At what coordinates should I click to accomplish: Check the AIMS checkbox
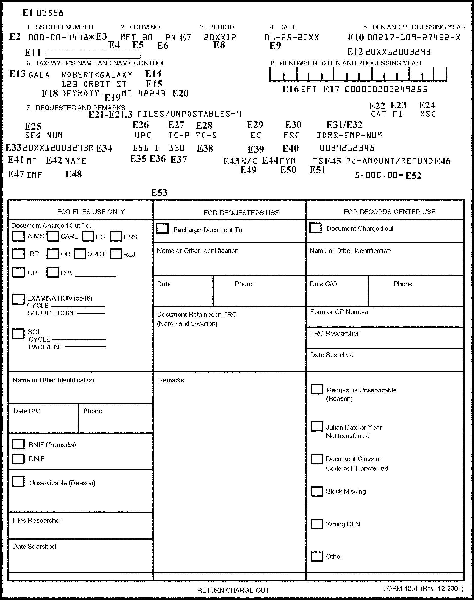coord(19,236)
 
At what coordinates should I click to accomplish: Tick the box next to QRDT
coord(80,254)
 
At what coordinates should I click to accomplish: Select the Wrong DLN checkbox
coord(317,524)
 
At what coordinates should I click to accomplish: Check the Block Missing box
coord(317,491)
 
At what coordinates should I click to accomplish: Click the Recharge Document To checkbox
coord(162,229)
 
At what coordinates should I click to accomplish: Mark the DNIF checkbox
coord(18,459)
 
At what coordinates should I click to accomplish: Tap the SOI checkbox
coord(18,334)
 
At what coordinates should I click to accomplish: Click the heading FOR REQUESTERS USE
coord(241,213)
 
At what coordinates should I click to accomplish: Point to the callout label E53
coord(159,193)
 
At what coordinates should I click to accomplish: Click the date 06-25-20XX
coord(292,38)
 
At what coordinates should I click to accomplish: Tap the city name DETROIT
coord(80,94)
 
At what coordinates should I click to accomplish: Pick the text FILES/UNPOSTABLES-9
coord(189,114)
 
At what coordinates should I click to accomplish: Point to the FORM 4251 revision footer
coord(423,588)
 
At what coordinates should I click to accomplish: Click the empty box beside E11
coord(93,54)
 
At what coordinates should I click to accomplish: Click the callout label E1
coord(27,13)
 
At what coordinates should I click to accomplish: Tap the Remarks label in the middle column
coord(171,380)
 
